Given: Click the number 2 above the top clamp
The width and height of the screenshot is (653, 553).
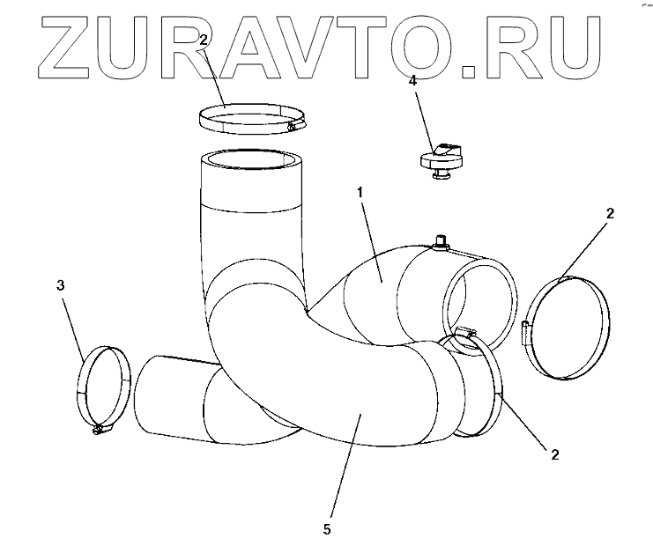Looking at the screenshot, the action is coord(203,40).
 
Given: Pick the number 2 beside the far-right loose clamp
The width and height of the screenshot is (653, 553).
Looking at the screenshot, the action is coord(611,213).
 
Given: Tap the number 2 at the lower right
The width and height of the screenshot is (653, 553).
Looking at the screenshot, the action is coord(554,455).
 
